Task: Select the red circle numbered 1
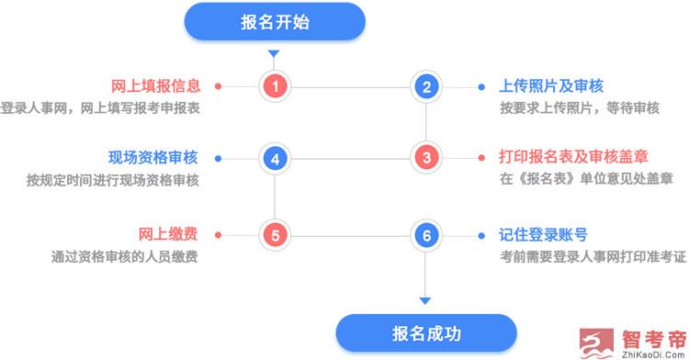tap(276, 87)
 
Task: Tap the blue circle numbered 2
tap(426, 87)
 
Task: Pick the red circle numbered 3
tap(426, 158)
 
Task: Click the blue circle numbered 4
tap(276, 158)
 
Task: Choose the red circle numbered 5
tap(276, 234)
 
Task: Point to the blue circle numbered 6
tap(426, 234)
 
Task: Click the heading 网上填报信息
tap(155, 86)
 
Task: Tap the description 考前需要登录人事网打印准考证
tap(593, 256)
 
